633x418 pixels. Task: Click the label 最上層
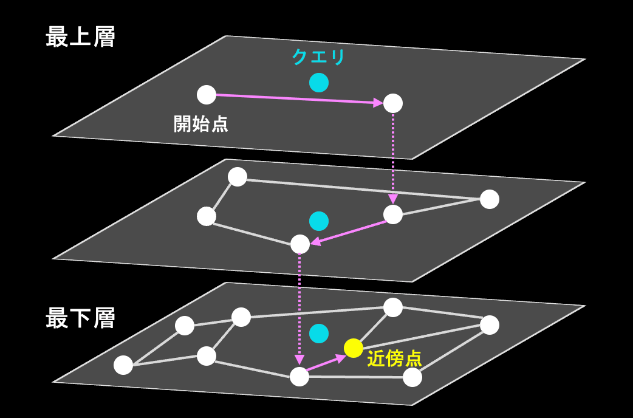pyautogui.click(x=80, y=38)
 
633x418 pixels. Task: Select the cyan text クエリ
pyautogui.click(x=318, y=57)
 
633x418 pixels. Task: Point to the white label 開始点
pyautogui.click(x=201, y=124)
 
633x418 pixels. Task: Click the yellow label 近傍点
pyautogui.click(x=394, y=358)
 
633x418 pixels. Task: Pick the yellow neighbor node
pyautogui.click(x=354, y=348)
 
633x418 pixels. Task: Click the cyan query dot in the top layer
pyautogui.click(x=318, y=82)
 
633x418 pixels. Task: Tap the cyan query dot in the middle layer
pyautogui.click(x=318, y=221)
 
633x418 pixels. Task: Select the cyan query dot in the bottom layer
pyautogui.click(x=318, y=333)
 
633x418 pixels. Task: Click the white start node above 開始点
pyautogui.click(x=207, y=95)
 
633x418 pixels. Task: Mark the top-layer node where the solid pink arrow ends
pyautogui.click(x=393, y=103)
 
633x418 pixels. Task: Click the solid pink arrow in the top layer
pyautogui.click(x=298, y=99)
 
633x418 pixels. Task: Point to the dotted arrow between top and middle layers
pyautogui.click(x=393, y=158)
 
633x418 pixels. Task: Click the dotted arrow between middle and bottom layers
pyautogui.click(x=299, y=307)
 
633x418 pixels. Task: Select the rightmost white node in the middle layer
pyautogui.click(x=489, y=199)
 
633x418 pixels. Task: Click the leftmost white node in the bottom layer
pyautogui.click(x=123, y=365)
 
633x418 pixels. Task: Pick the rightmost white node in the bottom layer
pyautogui.click(x=489, y=325)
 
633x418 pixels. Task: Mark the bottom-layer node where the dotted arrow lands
pyautogui.click(x=299, y=377)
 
